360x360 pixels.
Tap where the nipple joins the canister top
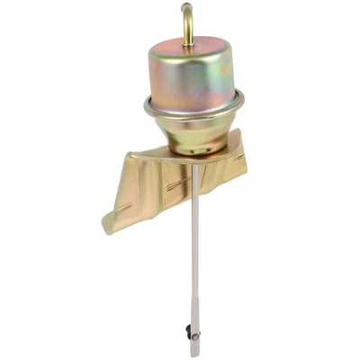188,41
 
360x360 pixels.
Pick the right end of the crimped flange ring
242,104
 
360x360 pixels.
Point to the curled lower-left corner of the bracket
110,224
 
